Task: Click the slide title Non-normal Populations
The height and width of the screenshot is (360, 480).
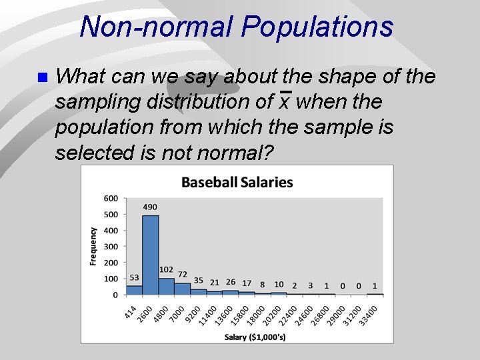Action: point(236,27)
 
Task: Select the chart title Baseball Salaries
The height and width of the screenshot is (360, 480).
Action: point(237,182)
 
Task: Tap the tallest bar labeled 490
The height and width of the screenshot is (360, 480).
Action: point(150,254)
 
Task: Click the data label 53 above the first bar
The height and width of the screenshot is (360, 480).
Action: point(134,278)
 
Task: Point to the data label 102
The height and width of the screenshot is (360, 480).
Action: point(166,269)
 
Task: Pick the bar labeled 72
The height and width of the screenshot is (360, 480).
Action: point(182,288)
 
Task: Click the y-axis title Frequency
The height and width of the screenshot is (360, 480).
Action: point(93,246)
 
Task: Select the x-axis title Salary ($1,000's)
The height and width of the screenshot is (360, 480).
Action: point(255,337)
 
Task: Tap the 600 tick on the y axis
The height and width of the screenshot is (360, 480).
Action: point(111,198)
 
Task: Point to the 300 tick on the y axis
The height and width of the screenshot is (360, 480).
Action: point(111,246)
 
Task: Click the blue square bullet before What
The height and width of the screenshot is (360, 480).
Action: point(42,77)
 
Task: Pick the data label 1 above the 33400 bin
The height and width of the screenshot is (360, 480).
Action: point(375,285)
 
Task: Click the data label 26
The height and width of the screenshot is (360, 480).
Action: point(231,283)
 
